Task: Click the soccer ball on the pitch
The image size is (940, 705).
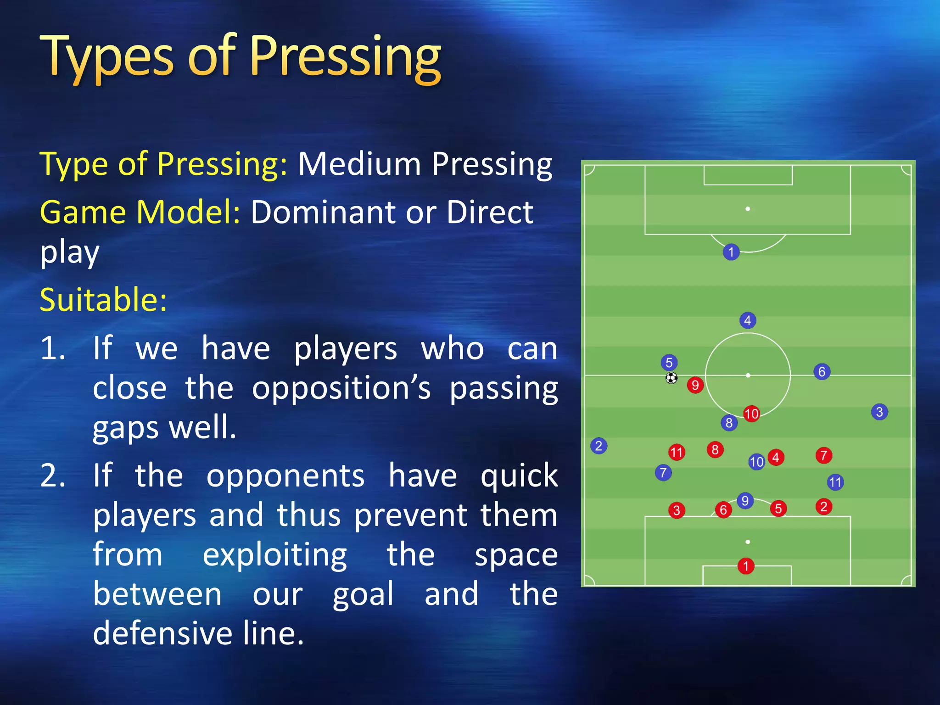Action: [671, 378]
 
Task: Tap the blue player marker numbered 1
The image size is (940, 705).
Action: [731, 252]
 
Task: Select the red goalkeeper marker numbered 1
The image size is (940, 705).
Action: [746, 566]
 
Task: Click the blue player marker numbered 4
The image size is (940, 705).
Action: [748, 320]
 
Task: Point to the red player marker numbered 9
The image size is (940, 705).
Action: [695, 385]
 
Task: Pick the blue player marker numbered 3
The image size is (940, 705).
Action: [879, 412]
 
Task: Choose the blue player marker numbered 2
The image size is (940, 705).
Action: [599, 446]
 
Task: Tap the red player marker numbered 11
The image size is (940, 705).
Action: [677, 453]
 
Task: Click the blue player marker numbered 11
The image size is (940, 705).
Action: [835, 482]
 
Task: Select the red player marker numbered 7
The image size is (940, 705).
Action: [824, 455]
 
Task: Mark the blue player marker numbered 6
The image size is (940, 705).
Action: [822, 372]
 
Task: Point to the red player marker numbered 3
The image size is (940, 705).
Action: [677, 510]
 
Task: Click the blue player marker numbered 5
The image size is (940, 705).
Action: [669, 363]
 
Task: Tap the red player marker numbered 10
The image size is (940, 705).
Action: [751, 414]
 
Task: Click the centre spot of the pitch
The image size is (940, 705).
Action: [748, 375]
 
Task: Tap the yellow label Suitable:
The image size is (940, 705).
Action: [103, 300]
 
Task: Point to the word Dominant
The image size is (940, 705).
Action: [324, 212]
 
